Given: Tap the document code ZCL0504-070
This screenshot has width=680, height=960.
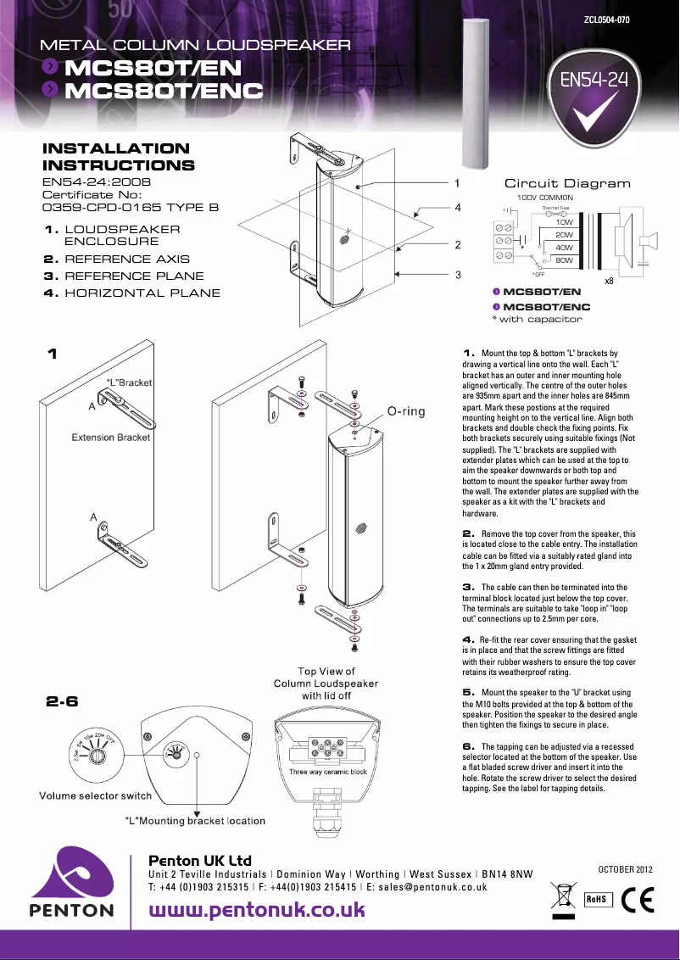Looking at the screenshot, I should (606, 19).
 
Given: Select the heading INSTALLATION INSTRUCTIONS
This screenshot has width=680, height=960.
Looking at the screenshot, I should (118, 158).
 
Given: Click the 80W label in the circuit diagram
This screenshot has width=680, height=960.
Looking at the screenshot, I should (565, 260).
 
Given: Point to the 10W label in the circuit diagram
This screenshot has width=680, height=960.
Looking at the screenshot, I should (565, 222).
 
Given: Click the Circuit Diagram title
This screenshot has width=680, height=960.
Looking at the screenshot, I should (567, 183).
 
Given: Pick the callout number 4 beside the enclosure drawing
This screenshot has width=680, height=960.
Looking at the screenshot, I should (457, 207).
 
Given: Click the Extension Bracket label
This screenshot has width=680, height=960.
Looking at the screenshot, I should (111, 438).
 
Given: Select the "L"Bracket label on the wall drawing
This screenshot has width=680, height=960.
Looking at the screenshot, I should (129, 382).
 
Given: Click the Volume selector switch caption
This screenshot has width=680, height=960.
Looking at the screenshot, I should (95, 795).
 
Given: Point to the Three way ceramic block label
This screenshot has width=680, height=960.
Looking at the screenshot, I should (327, 772).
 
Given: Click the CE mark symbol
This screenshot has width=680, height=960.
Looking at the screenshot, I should (637, 898).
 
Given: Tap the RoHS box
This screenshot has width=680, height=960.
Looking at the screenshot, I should (597, 899).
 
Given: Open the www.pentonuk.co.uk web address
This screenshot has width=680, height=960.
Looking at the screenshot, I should (257, 911).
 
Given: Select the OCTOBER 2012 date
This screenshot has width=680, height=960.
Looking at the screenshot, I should (626, 868).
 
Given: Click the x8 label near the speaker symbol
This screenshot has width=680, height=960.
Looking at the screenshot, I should (609, 281).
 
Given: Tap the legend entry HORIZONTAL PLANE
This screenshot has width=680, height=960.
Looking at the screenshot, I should (142, 293).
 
